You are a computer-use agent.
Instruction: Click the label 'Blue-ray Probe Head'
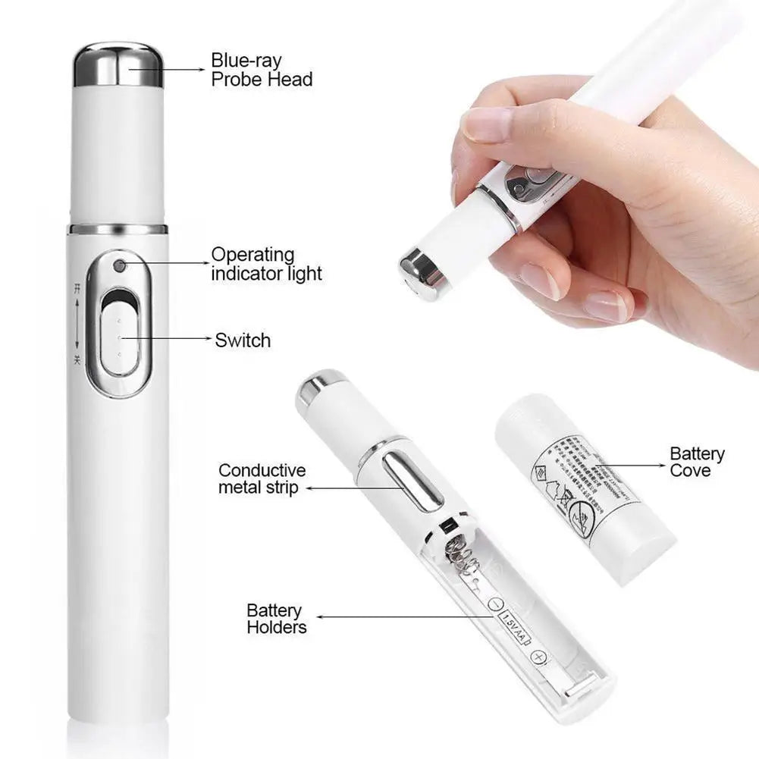point(262,69)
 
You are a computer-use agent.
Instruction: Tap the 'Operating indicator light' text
point(266,264)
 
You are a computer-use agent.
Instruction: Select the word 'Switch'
point(243,340)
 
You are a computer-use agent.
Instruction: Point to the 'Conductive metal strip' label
point(262,479)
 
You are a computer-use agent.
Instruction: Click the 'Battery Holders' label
point(276,619)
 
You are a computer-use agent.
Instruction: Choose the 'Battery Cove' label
point(696,462)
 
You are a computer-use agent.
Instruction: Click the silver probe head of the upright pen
point(118,64)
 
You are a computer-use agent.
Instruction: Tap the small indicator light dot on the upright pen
point(119,266)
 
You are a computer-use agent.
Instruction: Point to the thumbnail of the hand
point(486,123)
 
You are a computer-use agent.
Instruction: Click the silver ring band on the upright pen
point(118,228)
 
